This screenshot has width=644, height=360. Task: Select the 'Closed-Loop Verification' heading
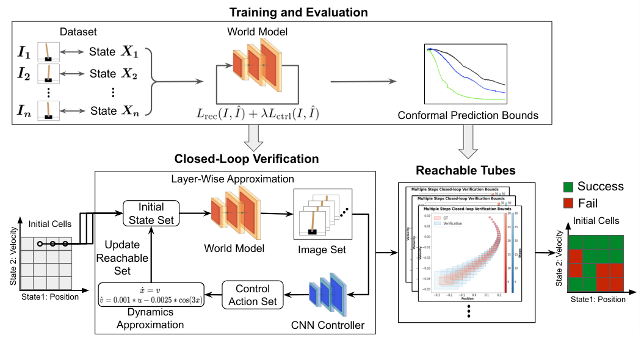click(x=247, y=159)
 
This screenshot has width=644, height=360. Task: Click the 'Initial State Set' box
click(x=151, y=214)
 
